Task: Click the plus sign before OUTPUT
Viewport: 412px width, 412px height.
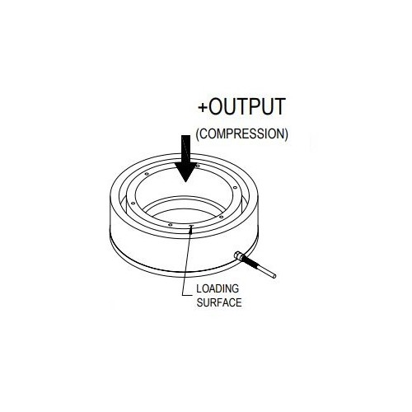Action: click(203, 107)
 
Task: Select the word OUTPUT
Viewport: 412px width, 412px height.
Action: click(247, 106)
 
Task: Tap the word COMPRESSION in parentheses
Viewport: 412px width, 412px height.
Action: click(242, 133)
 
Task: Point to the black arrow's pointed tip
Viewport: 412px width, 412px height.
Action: click(186, 182)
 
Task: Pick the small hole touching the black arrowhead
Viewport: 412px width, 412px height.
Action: click(198, 166)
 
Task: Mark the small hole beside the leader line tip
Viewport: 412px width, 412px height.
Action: click(171, 225)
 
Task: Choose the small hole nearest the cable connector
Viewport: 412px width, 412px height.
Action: click(221, 217)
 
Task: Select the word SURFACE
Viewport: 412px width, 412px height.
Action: click(219, 302)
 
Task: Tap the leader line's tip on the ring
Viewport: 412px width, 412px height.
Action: click(191, 227)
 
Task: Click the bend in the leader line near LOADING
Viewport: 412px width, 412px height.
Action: click(183, 295)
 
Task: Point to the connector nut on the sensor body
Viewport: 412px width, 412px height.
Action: click(238, 256)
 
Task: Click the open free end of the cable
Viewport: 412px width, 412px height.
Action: click(274, 276)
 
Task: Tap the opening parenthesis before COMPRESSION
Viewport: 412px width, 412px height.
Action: click(198, 134)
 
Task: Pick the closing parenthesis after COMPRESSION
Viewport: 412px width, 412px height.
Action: click(286, 134)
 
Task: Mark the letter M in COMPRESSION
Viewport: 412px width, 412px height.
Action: click(223, 133)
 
